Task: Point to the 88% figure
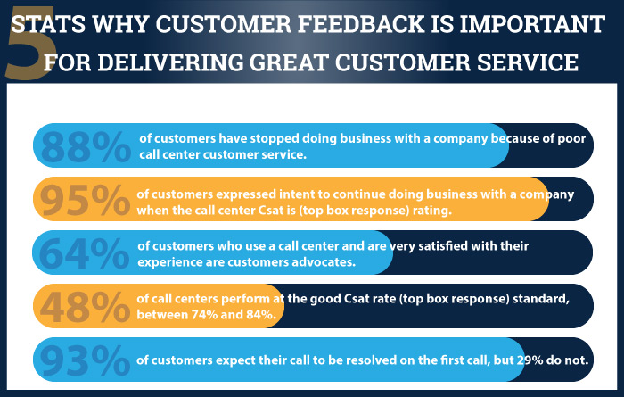86,147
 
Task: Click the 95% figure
85,202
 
